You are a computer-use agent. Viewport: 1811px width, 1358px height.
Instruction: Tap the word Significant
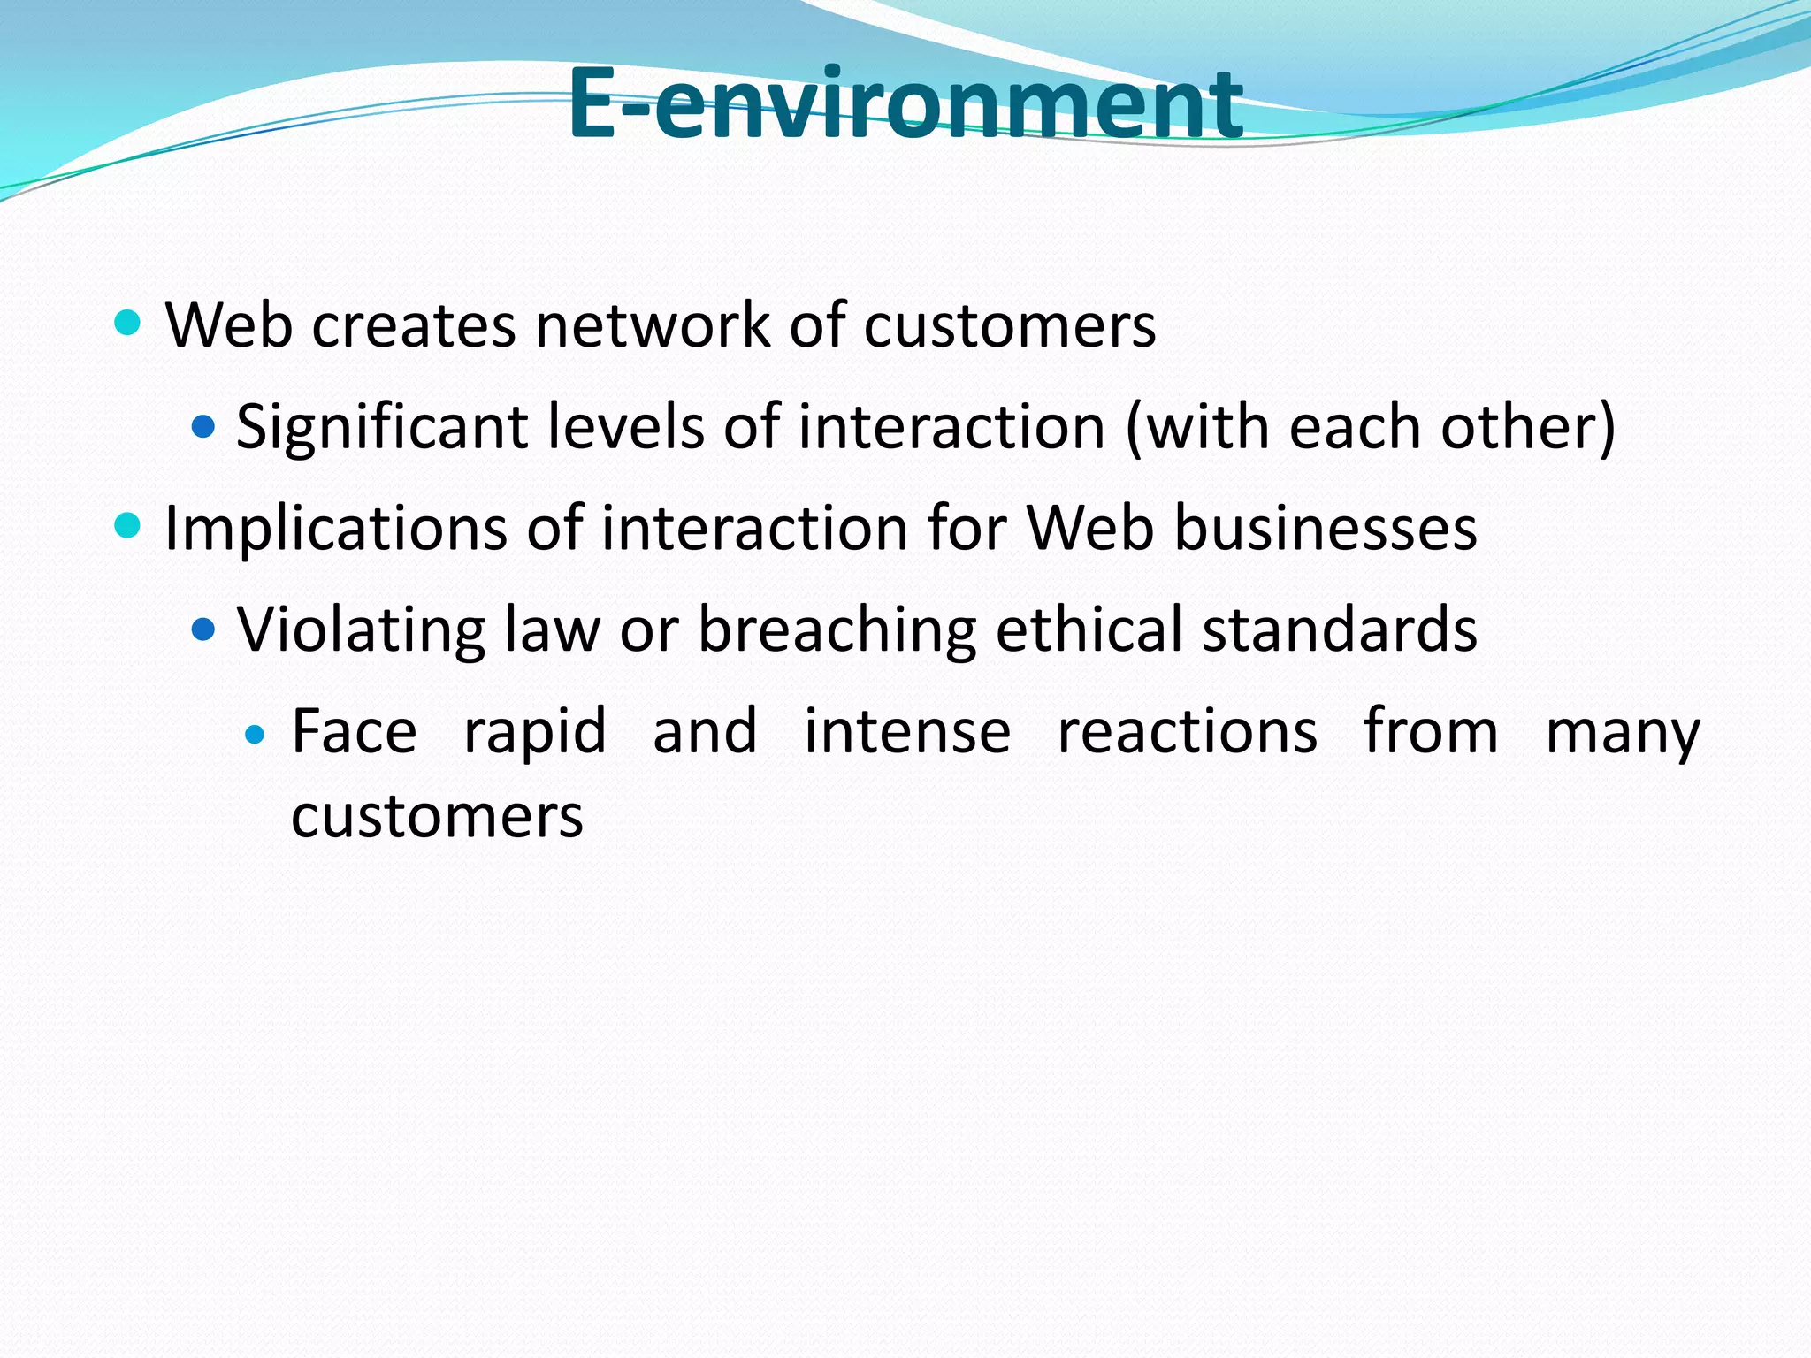click(382, 428)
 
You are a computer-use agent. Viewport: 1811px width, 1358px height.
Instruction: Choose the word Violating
click(361, 629)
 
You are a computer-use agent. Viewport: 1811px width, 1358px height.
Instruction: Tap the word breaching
click(837, 629)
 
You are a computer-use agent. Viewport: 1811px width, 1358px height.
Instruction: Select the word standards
click(1340, 629)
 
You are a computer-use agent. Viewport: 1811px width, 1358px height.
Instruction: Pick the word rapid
click(535, 732)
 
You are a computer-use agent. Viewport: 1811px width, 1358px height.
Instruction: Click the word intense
click(907, 731)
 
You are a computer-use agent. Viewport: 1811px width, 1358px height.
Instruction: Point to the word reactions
click(1188, 732)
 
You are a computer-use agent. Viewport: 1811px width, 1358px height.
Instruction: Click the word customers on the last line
click(437, 816)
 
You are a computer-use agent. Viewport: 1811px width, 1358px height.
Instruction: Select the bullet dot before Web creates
click(128, 324)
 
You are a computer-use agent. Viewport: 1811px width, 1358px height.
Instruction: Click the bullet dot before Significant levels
click(203, 428)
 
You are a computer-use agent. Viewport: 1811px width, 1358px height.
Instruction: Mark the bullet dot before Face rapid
click(255, 734)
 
